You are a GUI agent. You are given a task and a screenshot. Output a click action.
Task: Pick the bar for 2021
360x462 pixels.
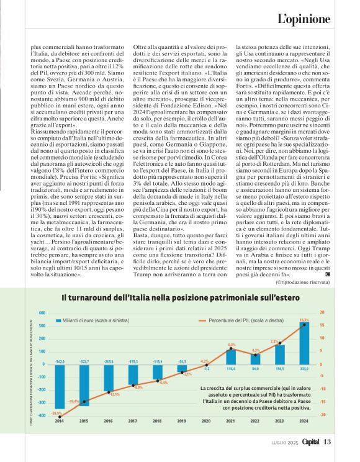(232, 356)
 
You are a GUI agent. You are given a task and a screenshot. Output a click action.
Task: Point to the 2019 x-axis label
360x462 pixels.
(182, 421)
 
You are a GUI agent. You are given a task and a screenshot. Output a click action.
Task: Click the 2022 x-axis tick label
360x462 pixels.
(256, 421)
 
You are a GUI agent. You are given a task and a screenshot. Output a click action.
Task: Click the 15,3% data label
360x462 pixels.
(304, 320)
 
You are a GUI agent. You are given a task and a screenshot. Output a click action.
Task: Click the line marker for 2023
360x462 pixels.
(280, 343)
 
